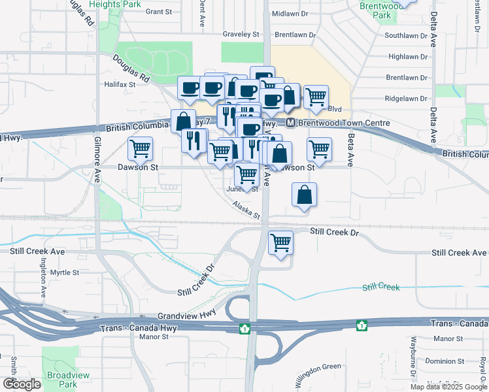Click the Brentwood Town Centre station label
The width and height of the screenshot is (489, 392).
tap(344, 123)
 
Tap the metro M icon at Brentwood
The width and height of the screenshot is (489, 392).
tap(290, 123)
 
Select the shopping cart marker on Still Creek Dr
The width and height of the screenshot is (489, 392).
tap(281, 243)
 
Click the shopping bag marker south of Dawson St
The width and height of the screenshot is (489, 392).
tap(305, 195)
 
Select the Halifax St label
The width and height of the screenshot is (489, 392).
tap(119, 84)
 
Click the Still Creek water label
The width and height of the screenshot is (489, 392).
tap(380, 287)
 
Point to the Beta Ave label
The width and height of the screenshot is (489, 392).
tap(351, 150)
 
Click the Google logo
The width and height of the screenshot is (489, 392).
tap(22, 384)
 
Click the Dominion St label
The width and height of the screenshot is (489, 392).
tap(443, 361)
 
